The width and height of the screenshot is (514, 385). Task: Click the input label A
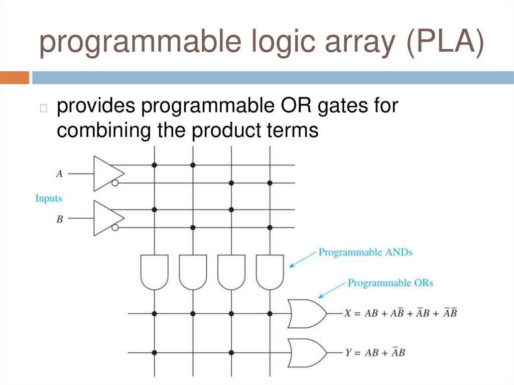point(59,174)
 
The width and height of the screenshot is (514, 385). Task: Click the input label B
point(59,219)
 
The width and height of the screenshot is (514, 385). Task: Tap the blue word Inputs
point(49,198)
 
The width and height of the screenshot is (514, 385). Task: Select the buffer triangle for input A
point(106,173)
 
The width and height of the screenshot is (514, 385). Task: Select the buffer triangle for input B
point(106,218)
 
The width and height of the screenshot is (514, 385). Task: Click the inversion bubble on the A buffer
point(115,183)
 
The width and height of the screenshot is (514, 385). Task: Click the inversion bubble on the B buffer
point(115,228)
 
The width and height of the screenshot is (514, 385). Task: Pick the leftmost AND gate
point(154,272)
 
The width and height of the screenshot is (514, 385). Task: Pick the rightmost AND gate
point(270,272)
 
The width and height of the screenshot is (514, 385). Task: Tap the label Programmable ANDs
point(365,252)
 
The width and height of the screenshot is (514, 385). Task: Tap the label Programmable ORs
point(390,283)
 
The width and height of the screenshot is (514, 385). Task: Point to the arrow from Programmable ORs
point(331,290)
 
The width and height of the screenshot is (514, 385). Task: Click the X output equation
point(400,313)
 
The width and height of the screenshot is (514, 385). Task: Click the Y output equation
point(374,352)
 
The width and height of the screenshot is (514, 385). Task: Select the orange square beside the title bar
point(15,78)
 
